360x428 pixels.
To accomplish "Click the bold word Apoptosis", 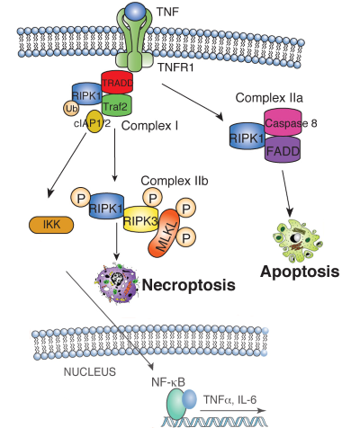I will (x=301, y=269).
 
